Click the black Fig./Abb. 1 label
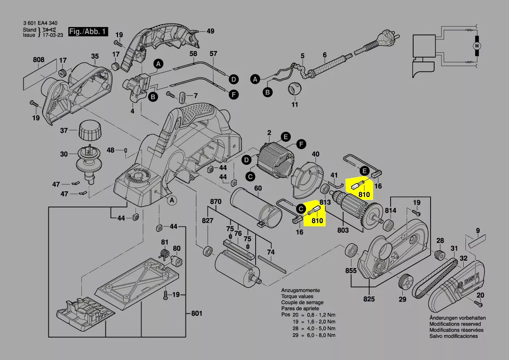88,31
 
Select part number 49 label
210,31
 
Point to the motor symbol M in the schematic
477,46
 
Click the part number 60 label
258,188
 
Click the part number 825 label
369,299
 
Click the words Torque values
297,296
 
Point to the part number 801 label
197,313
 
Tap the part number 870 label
216,202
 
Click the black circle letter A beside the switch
158,64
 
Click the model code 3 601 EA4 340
40,23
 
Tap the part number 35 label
95,56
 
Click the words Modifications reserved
455,324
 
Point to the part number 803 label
343,231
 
